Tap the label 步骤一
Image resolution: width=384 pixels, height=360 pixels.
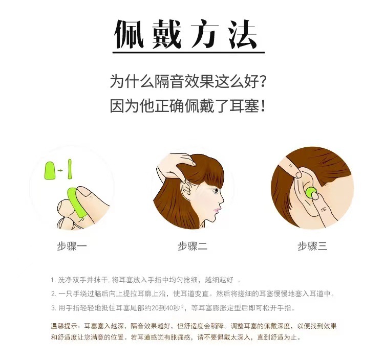pyautogui.click(x=72, y=246)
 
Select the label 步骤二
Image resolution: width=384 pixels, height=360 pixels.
pyautogui.click(x=193, y=246)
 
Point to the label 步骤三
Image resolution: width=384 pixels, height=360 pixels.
pyautogui.click(x=312, y=246)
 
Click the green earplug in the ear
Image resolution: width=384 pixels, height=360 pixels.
pyautogui.click(x=311, y=194)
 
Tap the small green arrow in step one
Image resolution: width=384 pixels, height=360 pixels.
pyautogui.click(x=60, y=169)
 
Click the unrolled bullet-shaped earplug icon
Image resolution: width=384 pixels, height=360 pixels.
pyautogui.click(x=50, y=169)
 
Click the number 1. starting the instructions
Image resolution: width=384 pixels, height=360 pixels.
pyautogui.click(x=53, y=280)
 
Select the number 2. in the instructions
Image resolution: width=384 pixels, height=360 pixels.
pyautogui.click(x=53, y=294)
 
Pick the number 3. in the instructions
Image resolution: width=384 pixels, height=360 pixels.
pyautogui.click(x=53, y=308)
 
